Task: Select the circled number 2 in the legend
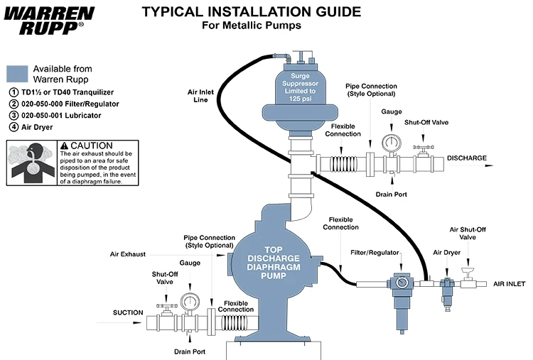(x=13, y=104)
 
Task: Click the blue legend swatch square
(x=17, y=74)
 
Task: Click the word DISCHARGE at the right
(x=467, y=158)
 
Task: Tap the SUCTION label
(x=128, y=312)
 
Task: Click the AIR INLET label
(x=509, y=284)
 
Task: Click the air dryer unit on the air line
(x=447, y=291)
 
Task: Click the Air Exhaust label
(x=129, y=253)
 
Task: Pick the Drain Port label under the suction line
(x=190, y=351)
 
